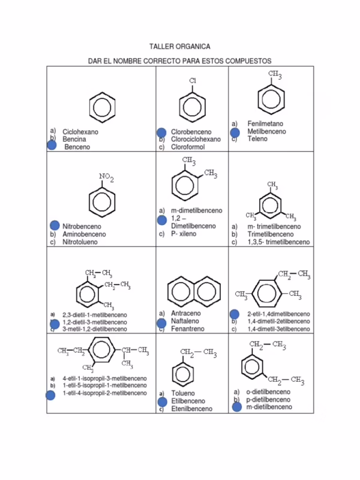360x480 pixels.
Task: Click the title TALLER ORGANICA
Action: coord(179,46)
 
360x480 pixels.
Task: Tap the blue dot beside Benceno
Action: coord(52,146)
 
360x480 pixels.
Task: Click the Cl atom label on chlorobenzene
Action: coord(193,80)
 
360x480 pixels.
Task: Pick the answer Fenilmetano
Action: coord(265,124)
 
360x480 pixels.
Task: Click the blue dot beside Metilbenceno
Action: coord(235,132)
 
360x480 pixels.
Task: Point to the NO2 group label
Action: coord(107,178)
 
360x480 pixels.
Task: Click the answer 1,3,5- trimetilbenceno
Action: coord(278,242)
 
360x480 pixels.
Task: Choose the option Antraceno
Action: coord(186,313)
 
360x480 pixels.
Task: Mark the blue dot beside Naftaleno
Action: coord(161,323)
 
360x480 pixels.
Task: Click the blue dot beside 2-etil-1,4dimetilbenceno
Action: coord(235,314)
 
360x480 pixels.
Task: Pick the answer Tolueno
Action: coord(184,393)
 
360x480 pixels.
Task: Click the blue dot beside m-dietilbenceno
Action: coord(236,407)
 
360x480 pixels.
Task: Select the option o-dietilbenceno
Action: coord(269,392)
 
